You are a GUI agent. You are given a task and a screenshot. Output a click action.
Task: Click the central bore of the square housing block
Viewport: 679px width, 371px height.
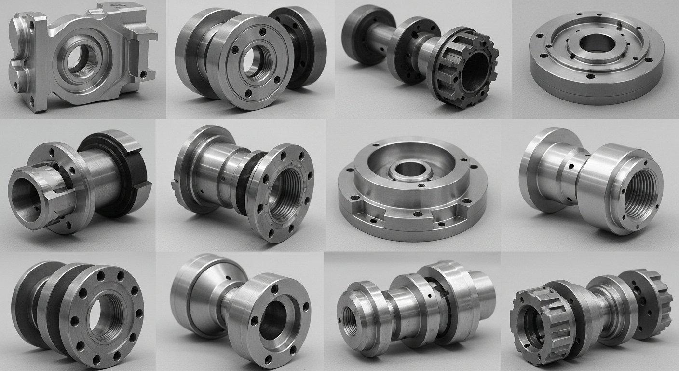77,62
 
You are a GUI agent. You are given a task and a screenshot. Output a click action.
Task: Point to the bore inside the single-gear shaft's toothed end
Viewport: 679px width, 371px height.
475,75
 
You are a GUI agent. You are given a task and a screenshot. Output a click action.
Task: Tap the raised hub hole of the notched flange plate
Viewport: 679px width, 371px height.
409,170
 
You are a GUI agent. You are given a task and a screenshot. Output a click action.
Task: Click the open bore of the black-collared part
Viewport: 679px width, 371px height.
25,197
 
